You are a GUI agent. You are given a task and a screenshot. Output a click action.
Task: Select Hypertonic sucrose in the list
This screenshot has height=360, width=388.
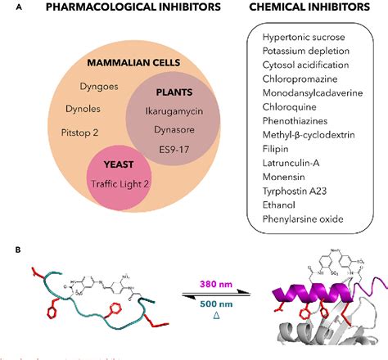pyautogui.click(x=304, y=38)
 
